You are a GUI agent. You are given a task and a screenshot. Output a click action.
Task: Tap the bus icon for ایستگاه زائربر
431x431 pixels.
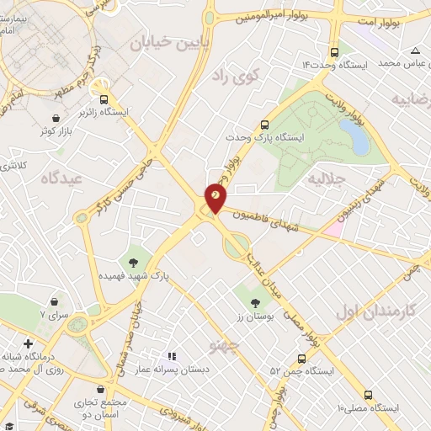pos(104,98)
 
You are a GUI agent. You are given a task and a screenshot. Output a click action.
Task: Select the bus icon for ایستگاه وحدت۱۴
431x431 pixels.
pos(336,50)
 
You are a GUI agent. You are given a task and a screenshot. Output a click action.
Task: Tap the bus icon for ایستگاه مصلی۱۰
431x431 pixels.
pos(368,394)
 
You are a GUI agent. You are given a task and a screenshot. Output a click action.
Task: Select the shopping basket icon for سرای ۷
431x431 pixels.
pos(55,301)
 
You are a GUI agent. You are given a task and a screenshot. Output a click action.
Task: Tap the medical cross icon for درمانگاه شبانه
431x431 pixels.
pos(29,343)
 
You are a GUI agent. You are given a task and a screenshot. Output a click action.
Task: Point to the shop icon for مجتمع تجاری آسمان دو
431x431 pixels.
pos(102,390)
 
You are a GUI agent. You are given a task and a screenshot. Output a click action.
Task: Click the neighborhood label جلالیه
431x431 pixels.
pos(325,179)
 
